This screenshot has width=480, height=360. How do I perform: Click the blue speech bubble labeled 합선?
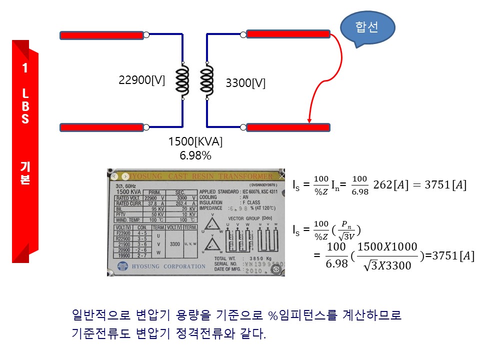tap(367, 27)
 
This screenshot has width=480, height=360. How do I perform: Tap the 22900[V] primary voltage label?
tap(141, 80)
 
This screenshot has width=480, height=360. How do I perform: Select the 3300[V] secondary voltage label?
tap(245, 83)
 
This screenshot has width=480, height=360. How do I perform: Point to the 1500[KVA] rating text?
tap(195, 142)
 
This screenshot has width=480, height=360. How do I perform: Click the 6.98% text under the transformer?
tap(195, 155)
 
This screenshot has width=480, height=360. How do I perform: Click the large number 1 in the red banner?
tap(25, 69)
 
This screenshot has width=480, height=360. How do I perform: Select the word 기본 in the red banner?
tap(25, 173)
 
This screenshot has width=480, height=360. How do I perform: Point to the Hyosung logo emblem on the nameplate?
tap(122, 266)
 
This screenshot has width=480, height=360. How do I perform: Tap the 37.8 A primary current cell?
tap(154, 203)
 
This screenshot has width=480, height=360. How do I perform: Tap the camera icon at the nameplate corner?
tap(276, 269)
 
